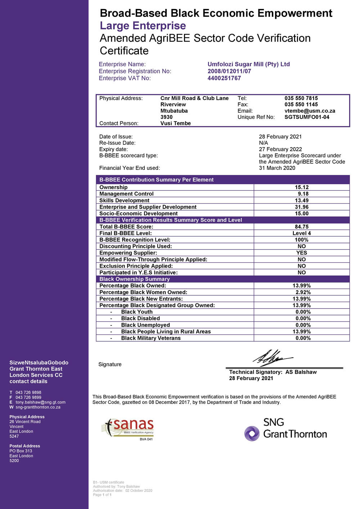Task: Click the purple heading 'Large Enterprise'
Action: tap(143, 26)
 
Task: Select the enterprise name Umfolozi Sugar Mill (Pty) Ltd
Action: tap(248, 64)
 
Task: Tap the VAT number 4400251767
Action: tap(224, 78)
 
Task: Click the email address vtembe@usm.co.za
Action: tap(310, 111)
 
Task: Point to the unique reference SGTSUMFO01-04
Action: tap(307, 117)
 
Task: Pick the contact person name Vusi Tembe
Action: tap(175, 123)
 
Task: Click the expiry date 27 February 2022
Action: tap(280, 149)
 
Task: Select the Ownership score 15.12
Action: tap(302, 187)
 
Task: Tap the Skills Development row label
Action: tap(124, 201)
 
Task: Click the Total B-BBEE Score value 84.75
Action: tap(302, 227)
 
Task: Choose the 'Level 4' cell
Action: tap(302, 233)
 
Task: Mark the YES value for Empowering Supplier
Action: tap(302, 253)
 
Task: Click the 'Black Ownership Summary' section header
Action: tap(134, 279)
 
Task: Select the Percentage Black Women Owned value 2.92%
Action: tap(303, 292)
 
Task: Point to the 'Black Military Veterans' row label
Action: tap(151, 338)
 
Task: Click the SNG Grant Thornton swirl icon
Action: tap(252, 433)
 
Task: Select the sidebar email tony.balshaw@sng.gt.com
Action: tap(40, 402)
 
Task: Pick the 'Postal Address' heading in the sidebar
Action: tap(24, 446)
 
